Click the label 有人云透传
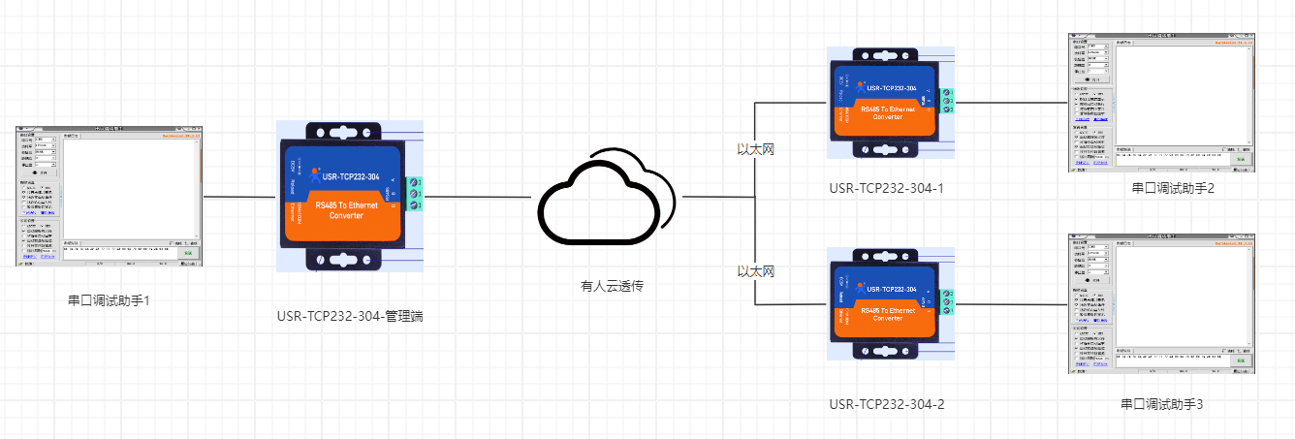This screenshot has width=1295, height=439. [x=612, y=286]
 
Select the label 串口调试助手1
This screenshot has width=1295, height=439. [x=109, y=300]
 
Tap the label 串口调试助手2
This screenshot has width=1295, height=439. [x=1173, y=188]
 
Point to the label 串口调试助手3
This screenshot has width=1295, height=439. [x=1161, y=403]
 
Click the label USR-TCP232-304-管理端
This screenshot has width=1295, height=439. [x=350, y=316]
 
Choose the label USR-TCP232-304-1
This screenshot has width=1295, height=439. [x=887, y=188]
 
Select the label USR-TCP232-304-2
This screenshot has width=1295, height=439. [x=887, y=403]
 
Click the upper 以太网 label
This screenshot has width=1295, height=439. [x=756, y=149]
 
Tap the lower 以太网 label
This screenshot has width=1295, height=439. [x=756, y=271]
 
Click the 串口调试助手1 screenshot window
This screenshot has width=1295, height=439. [x=109, y=196]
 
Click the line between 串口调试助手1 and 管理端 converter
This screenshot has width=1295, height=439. [x=239, y=197]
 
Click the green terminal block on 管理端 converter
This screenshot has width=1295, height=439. [x=417, y=193]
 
